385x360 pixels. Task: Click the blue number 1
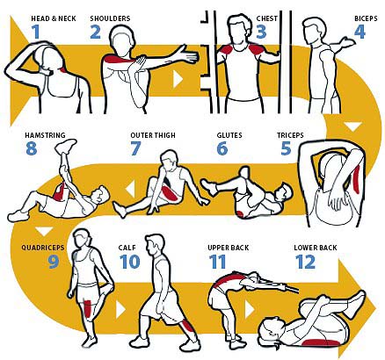pyautogui.click(x=36, y=32)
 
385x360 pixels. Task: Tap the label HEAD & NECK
pyautogui.click(x=54, y=18)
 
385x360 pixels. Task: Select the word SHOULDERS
pyautogui.click(x=110, y=18)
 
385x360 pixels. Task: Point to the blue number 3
pyautogui.click(x=261, y=32)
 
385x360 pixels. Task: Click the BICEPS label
pyautogui.click(x=366, y=18)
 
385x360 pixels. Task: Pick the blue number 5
pyautogui.click(x=286, y=148)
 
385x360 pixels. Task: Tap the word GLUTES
pyautogui.click(x=229, y=135)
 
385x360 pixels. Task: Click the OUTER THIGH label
pyautogui.click(x=153, y=135)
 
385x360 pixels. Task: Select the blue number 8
pyautogui.click(x=32, y=148)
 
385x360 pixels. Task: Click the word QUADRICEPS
pyautogui.click(x=42, y=248)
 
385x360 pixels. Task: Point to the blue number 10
pyautogui.click(x=129, y=262)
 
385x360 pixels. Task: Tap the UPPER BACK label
pyautogui.click(x=229, y=248)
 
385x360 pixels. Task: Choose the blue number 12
pyautogui.click(x=305, y=262)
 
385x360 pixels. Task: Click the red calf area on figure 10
pyautogui.click(x=186, y=328)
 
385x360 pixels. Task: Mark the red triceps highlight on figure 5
pyautogui.click(x=356, y=178)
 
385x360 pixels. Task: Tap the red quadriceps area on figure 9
pyautogui.click(x=88, y=310)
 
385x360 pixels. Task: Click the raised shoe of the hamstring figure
pyautogui.click(x=66, y=145)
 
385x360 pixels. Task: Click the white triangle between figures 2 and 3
pyautogui.click(x=178, y=79)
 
